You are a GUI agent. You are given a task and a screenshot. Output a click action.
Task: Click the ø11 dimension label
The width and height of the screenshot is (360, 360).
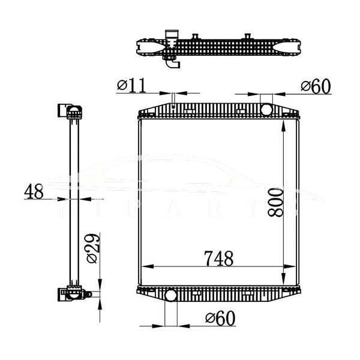tap(131, 86)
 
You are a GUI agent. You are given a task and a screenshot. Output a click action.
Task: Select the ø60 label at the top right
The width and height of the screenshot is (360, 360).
tap(316, 86)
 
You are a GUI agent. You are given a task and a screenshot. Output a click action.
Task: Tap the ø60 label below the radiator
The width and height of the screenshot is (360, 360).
tap(219, 317)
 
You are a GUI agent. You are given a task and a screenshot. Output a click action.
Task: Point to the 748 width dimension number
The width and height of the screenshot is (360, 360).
tap(218, 259)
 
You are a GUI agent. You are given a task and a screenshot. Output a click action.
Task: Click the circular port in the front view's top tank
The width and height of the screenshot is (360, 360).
tap(266, 109)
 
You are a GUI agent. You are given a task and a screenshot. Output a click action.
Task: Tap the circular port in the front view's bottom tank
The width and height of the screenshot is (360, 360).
tap(170, 295)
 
